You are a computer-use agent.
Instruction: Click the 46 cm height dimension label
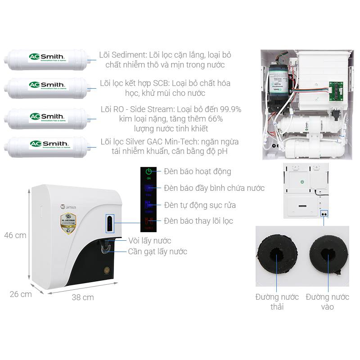15,235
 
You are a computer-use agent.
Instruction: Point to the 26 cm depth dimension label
21,294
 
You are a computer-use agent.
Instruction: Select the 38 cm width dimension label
83,297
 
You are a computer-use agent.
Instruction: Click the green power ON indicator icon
148,171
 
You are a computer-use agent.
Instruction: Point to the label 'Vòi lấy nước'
149,241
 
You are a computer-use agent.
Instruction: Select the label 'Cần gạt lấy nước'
157,252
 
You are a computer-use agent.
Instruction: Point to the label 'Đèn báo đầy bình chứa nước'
214,188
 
